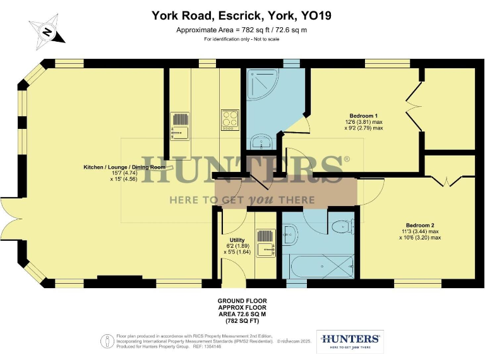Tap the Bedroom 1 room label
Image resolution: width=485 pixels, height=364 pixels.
tap(364, 116)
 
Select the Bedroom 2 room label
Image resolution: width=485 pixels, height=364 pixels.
tap(420, 226)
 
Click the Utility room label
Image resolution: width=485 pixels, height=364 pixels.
tap(237, 240)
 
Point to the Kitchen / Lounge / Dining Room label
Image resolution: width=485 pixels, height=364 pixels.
tap(124, 167)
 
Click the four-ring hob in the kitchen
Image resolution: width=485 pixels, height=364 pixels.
tap(229, 118)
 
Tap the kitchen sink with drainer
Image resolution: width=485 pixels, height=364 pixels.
tap(180, 124)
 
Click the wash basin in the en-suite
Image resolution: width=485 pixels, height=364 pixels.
tap(261, 140)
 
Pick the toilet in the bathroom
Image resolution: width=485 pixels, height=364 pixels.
tap(342, 225)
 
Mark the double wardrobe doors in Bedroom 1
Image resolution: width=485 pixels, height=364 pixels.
tap(413, 107)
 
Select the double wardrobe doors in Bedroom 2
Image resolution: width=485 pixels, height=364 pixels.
tap(448, 179)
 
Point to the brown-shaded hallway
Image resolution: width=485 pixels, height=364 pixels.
tap(284, 191)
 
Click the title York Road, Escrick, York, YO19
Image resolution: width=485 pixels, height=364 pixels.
tap(242, 15)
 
